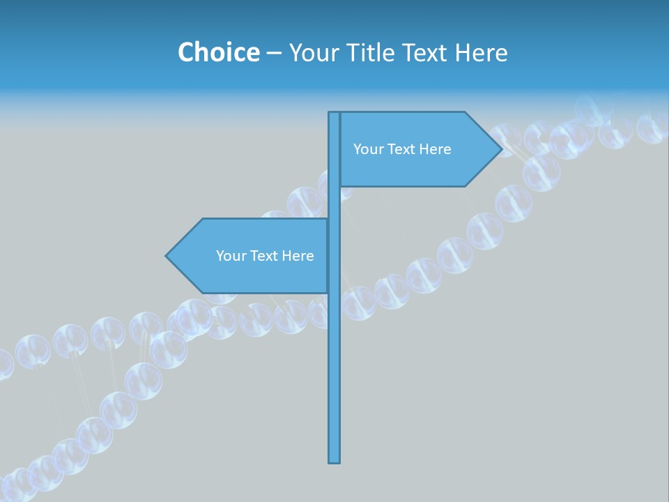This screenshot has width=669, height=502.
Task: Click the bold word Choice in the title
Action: pyautogui.click(x=219, y=53)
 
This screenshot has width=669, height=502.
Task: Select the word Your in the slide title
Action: pyautogui.click(x=312, y=53)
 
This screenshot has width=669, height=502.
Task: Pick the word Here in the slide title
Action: pyautogui.click(x=482, y=53)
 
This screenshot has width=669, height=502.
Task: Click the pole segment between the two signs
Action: pyautogui.click(x=334, y=202)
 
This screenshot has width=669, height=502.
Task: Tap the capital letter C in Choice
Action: pyautogui.click(x=186, y=53)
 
